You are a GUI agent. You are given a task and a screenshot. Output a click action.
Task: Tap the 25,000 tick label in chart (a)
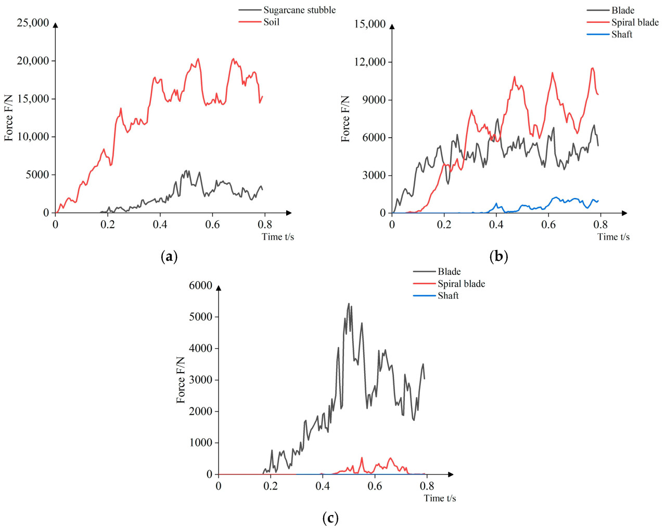[x=33, y=23]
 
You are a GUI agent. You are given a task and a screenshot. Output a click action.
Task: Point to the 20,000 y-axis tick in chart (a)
[x=33, y=61]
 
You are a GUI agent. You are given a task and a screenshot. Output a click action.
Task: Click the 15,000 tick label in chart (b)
[x=370, y=24]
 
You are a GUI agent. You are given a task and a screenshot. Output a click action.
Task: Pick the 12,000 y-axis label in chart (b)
[x=370, y=62]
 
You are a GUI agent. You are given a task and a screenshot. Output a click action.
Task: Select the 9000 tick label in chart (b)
[x=374, y=100]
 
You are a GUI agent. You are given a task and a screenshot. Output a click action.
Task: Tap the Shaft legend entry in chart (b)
[x=621, y=34]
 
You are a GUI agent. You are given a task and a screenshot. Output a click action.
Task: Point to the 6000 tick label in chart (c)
[x=201, y=285]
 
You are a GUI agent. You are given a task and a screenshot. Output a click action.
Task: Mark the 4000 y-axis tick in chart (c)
[x=201, y=348]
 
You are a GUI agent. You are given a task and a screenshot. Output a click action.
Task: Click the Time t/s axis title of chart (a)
[x=278, y=237]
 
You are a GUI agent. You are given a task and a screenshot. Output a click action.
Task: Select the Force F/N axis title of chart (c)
[x=181, y=380]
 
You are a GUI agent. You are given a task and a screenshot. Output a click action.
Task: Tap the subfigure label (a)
[x=170, y=256]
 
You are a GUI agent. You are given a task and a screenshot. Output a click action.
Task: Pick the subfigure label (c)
[x=330, y=518]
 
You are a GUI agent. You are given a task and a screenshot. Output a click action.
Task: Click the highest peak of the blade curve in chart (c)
[x=349, y=303]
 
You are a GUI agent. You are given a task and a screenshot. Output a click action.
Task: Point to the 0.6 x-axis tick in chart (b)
[x=548, y=224]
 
